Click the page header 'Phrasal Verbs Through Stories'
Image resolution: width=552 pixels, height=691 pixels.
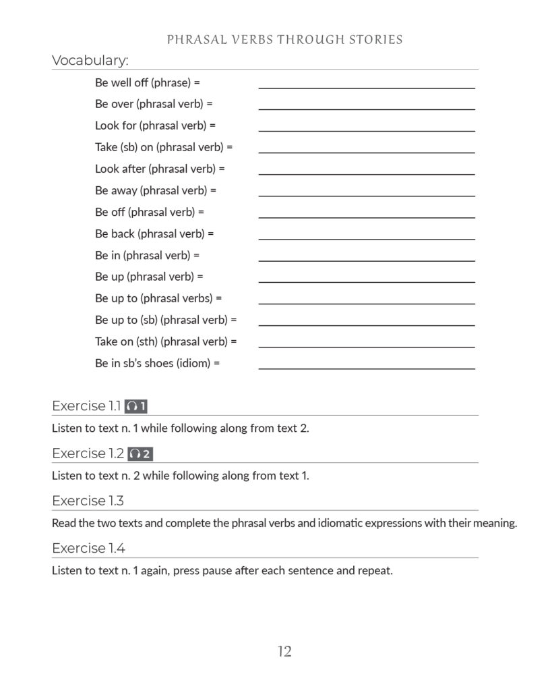tap(284, 39)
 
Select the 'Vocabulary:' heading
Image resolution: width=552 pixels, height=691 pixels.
tap(90, 61)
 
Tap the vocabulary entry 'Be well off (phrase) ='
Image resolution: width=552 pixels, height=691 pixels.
tap(148, 82)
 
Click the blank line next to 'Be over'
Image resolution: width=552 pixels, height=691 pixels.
tap(367, 108)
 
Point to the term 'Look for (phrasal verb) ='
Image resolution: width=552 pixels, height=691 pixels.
tap(155, 126)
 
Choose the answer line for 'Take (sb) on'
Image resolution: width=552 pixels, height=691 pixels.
tap(367, 151)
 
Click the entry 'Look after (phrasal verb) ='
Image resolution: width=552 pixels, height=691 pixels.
tap(160, 169)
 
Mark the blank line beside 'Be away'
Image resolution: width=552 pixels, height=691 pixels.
tap(367, 195)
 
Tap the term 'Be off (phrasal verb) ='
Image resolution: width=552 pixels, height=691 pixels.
tap(150, 212)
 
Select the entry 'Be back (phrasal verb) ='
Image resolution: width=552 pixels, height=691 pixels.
tap(154, 233)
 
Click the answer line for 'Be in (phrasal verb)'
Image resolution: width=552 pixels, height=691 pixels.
tap(367, 260)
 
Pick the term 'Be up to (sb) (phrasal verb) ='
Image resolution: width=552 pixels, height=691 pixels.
tap(166, 320)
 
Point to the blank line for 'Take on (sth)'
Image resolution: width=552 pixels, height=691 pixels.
tap(367, 346)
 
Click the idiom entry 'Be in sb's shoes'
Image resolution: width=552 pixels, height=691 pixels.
tap(158, 363)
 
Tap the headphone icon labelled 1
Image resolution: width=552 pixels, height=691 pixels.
tap(136, 406)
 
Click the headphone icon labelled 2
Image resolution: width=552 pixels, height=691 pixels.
tap(140, 453)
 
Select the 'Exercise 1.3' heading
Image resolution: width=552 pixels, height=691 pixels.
tap(88, 501)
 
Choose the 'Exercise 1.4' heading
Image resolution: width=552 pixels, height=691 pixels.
tap(88, 549)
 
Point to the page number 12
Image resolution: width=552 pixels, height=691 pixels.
tap(284, 651)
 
